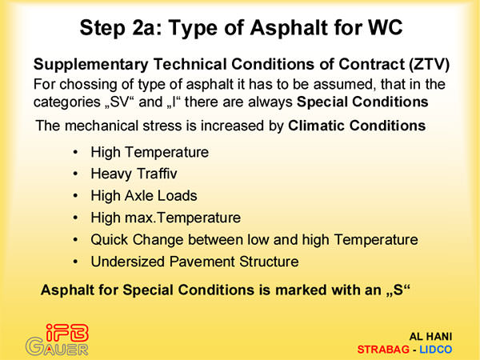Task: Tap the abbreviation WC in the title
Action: click(x=385, y=27)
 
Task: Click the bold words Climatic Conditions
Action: click(x=357, y=126)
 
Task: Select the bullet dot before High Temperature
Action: click(x=76, y=152)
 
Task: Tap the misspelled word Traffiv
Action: click(x=157, y=174)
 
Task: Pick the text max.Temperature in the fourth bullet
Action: click(x=182, y=218)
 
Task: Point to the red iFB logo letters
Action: click(x=67, y=333)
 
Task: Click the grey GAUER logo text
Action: click(x=57, y=346)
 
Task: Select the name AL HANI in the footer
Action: click(x=430, y=337)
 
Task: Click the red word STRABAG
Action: click(x=383, y=350)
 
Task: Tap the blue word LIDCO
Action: click(x=436, y=350)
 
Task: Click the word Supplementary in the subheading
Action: click(x=91, y=65)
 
